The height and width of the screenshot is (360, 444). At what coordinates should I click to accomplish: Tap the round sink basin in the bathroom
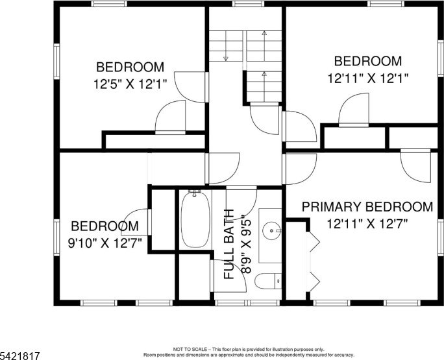271,231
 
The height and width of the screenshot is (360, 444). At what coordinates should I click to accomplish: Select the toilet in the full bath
268,281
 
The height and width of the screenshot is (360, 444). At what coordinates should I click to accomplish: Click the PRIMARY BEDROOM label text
367,207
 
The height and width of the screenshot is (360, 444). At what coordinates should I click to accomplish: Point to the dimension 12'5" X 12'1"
130,84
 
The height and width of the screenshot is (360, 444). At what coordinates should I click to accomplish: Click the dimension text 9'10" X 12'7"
105,243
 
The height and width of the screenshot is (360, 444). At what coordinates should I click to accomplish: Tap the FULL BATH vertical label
229,245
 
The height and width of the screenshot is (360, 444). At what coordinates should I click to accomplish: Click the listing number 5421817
20,355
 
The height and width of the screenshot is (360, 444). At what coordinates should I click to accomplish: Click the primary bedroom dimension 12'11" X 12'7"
367,224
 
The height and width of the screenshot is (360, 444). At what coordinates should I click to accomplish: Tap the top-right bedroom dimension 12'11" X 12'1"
368,78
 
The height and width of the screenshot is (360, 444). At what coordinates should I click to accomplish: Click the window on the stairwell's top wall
248,4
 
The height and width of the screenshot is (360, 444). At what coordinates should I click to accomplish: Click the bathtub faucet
195,193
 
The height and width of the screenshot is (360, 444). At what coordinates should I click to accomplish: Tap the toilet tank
278,281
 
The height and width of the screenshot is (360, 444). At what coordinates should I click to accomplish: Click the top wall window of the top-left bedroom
109,4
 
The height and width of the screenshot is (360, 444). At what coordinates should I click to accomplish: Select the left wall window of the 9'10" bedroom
56,237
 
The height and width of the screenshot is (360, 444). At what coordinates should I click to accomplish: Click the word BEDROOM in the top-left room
130,67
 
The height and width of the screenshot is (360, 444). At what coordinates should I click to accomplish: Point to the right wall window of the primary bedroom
441,237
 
